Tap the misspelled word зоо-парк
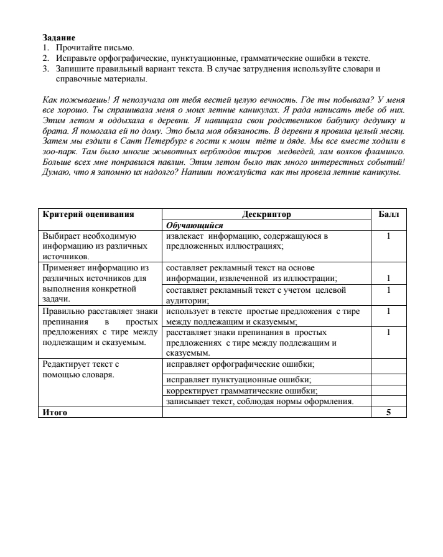tap(56, 152)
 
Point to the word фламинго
tap(387, 152)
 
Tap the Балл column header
tap(388, 214)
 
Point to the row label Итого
tap(55, 412)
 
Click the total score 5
tap(388, 412)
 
